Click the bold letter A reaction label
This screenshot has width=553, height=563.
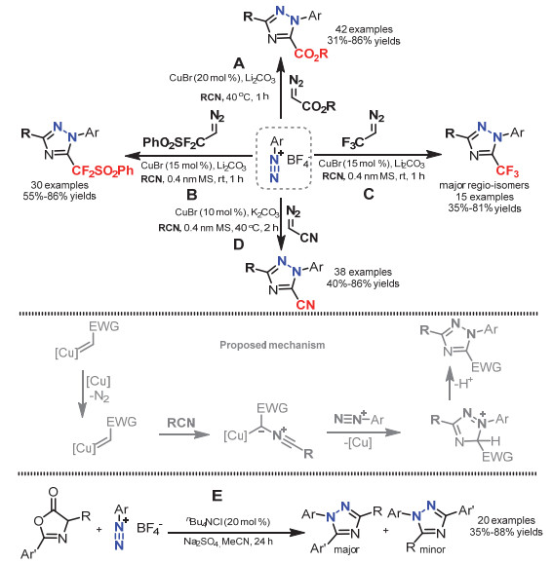coord(239,63)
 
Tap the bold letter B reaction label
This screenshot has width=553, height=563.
coord(192,195)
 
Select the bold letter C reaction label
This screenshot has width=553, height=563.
coord(369,194)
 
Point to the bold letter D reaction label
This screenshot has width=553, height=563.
coord(239,244)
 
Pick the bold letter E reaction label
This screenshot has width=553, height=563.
coord(217,496)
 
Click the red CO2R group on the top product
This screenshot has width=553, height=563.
coord(311,55)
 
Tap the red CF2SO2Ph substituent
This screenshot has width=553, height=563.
coord(102,170)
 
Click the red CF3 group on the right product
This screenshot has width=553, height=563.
coord(507,170)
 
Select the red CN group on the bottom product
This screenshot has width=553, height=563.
coord(305,305)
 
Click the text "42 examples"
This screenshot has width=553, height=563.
coord(364,29)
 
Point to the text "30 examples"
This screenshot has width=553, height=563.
coord(59,185)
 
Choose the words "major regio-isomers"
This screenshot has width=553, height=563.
coord(484,186)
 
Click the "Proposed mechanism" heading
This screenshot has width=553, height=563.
coord(272,345)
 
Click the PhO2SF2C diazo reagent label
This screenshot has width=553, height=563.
coord(174,143)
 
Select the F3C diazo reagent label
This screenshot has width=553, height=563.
coord(352,143)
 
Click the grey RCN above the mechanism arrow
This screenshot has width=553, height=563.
coord(181,423)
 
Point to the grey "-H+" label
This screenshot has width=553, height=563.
coord(463,384)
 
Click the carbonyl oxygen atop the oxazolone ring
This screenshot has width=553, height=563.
coord(53,492)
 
